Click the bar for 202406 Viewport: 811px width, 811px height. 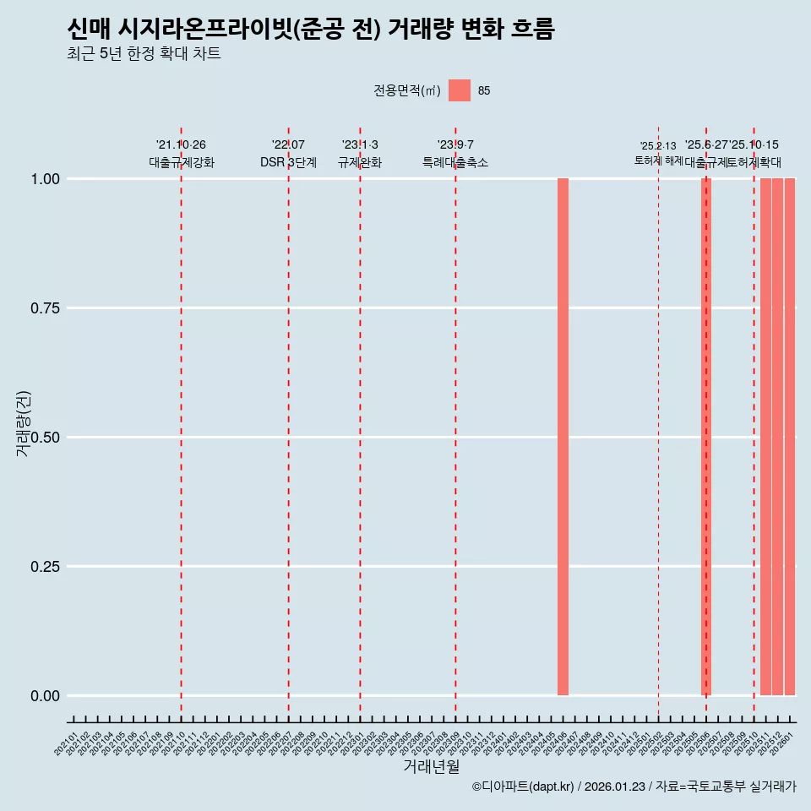pos(563,437)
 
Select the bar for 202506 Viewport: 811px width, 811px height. pos(706,437)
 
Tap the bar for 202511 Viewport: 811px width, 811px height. pos(765,437)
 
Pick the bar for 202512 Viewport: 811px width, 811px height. pos(777,437)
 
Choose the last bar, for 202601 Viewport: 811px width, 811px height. pos(789,437)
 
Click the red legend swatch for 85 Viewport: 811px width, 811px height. pos(459,90)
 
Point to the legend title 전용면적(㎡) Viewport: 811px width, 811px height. pos(406,90)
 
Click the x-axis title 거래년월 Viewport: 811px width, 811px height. pos(431,766)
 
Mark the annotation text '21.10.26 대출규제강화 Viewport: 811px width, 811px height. pos(181,154)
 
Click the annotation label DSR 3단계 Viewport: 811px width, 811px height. pos(288,162)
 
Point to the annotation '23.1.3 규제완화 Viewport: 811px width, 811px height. pos(360,154)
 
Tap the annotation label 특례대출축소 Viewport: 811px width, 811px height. pos(455,162)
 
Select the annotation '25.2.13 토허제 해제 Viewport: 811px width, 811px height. pos(658,153)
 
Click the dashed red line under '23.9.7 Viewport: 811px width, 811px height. pos(455,422)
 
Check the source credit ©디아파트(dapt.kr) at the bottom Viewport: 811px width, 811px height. pos(634,787)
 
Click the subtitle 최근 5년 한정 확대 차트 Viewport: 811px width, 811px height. pos(144,54)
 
